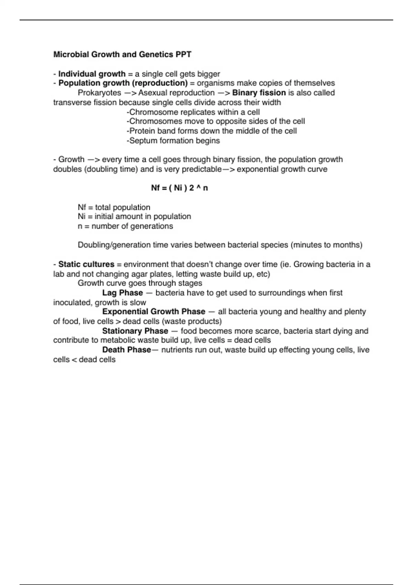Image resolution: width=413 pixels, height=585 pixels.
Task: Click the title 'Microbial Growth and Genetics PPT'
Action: click(x=122, y=54)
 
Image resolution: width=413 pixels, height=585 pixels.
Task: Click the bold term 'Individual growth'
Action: click(x=92, y=74)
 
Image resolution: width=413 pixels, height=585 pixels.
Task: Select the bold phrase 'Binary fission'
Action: click(x=259, y=93)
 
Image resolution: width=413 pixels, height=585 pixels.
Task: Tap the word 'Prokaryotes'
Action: click(x=99, y=93)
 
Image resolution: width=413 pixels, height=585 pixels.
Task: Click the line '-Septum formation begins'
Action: click(x=173, y=141)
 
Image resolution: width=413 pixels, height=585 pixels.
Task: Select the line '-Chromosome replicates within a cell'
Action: click(x=193, y=112)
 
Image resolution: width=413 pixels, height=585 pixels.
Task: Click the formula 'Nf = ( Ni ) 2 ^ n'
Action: click(x=179, y=188)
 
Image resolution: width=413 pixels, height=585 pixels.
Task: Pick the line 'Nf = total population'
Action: click(x=114, y=208)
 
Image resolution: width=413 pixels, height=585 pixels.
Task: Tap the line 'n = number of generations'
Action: click(x=125, y=226)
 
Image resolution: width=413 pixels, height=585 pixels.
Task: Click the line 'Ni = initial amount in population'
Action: click(x=134, y=216)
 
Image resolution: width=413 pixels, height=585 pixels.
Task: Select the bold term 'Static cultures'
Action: click(x=86, y=264)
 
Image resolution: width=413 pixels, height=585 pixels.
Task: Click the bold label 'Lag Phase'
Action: click(x=123, y=293)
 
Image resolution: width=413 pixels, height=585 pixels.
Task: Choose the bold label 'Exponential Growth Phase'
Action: click(x=153, y=312)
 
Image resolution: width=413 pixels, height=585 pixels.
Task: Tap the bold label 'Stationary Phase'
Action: click(x=135, y=331)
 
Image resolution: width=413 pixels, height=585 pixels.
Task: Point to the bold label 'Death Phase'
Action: click(x=126, y=350)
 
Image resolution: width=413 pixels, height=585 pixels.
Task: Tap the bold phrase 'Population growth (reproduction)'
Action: click(x=123, y=83)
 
